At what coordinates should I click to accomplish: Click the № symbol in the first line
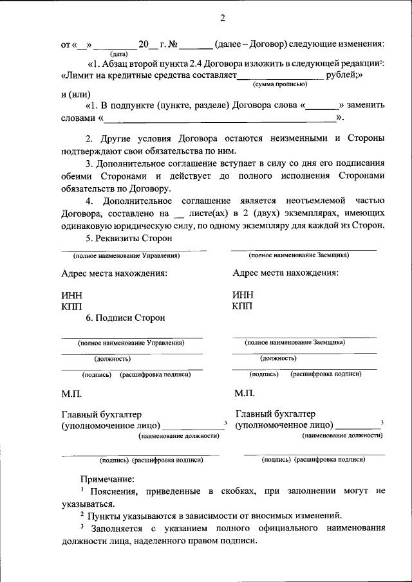click(x=172, y=44)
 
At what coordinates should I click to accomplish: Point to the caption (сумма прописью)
click(x=280, y=84)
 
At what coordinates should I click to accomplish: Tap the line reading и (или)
click(x=75, y=95)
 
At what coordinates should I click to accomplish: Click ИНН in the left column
click(x=71, y=295)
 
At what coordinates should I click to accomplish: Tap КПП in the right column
click(x=243, y=305)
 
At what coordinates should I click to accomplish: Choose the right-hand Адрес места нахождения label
click(x=285, y=273)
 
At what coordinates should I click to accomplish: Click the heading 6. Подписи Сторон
click(x=126, y=318)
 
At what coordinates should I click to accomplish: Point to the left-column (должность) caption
click(x=113, y=358)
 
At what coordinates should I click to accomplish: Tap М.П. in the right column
click(x=245, y=394)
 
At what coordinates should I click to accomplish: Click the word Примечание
click(x=108, y=479)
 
